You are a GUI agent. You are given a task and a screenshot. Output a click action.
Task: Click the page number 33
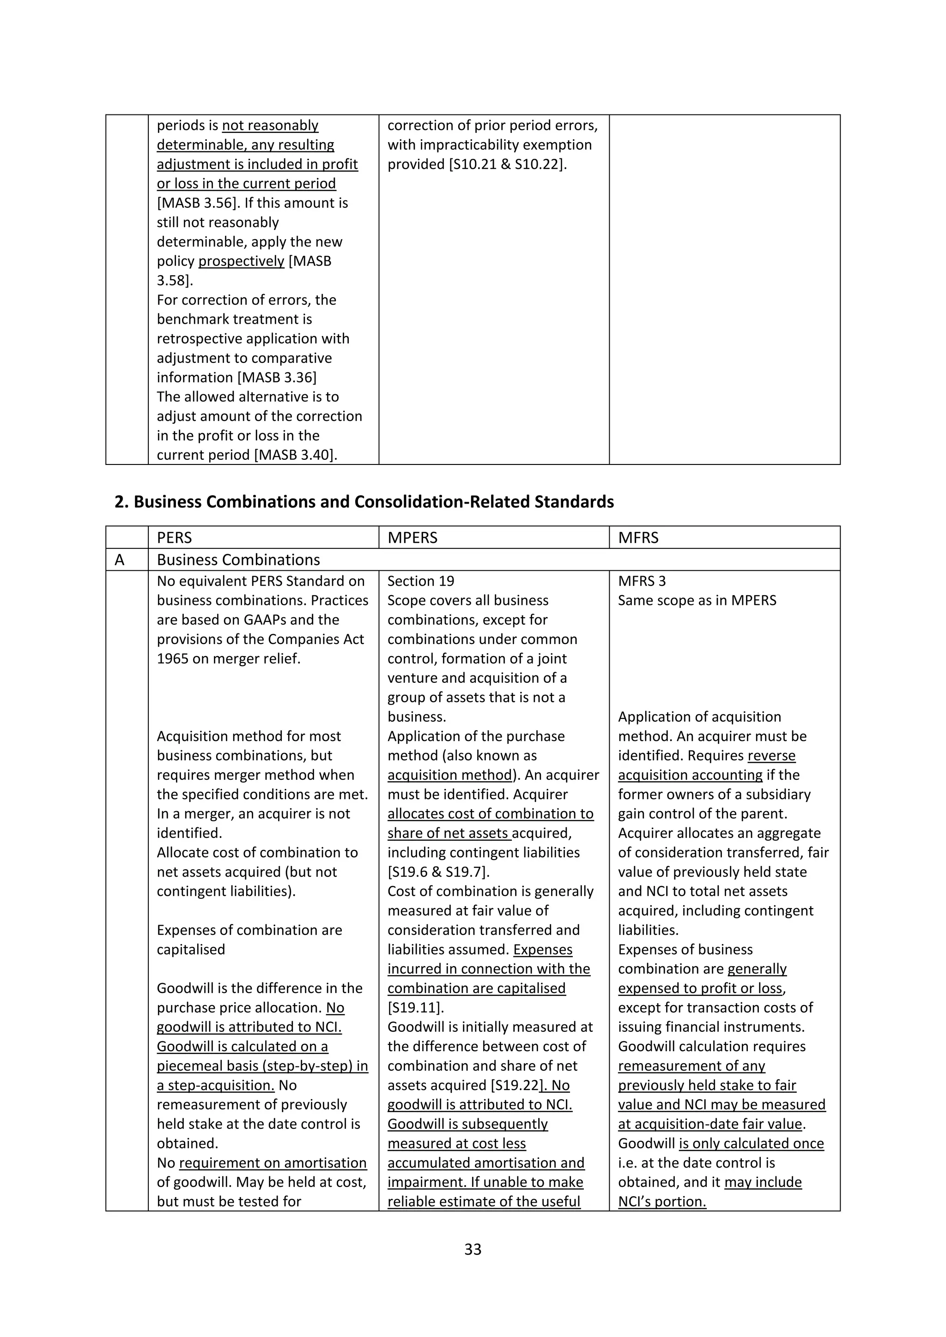point(473,1249)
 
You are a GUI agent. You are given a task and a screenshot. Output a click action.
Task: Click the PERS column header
point(174,537)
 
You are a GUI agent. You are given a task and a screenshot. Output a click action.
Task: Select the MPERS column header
point(412,537)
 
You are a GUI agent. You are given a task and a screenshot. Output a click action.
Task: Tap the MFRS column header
point(638,537)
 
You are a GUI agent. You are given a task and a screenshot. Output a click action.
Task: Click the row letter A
point(120,560)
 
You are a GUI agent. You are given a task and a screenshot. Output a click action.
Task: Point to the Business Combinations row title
point(238,560)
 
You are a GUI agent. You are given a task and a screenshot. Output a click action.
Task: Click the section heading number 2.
point(121,501)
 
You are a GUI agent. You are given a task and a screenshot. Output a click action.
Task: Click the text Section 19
point(421,581)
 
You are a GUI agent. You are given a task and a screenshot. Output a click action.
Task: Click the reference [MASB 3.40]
point(296,455)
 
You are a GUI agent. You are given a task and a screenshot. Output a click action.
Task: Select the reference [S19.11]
point(415,1008)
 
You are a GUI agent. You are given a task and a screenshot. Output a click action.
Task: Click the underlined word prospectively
point(241,261)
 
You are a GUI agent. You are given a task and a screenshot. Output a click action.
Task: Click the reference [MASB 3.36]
point(277,377)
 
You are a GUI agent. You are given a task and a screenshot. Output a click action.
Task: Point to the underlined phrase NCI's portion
point(662,1201)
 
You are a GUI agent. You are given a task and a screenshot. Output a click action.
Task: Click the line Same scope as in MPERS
point(697,600)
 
